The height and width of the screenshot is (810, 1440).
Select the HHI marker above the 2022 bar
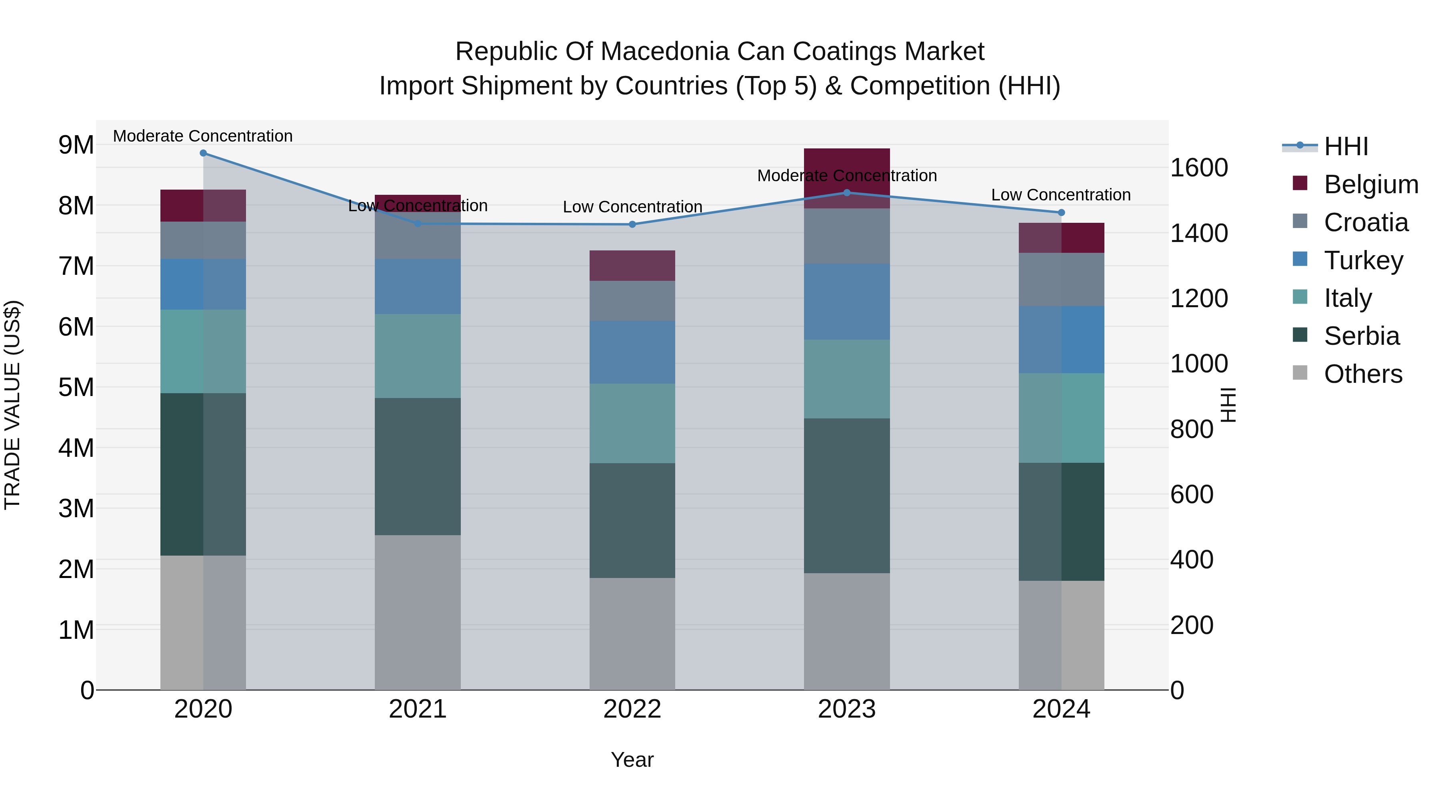pyautogui.click(x=632, y=224)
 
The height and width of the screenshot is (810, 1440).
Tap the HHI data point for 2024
pyautogui.click(x=1062, y=212)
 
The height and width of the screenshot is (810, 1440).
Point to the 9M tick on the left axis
pyautogui.click(x=76, y=145)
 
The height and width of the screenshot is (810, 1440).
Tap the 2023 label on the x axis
pyautogui.click(x=846, y=709)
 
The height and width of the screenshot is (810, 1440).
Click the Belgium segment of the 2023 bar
pyautogui.click(x=846, y=168)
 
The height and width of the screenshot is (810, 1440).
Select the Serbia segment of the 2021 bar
pyautogui.click(x=418, y=467)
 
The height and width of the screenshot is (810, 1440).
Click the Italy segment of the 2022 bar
pyautogui.click(x=632, y=423)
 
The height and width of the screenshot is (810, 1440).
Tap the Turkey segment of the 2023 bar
pyautogui.click(x=846, y=302)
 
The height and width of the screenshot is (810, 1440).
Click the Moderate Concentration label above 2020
pyautogui.click(x=203, y=136)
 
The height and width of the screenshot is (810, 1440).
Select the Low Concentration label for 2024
pyautogui.click(x=1060, y=195)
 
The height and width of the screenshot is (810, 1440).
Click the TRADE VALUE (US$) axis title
pyautogui.click(x=12, y=405)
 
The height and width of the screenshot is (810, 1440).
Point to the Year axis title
pyautogui.click(x=632, y=760)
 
